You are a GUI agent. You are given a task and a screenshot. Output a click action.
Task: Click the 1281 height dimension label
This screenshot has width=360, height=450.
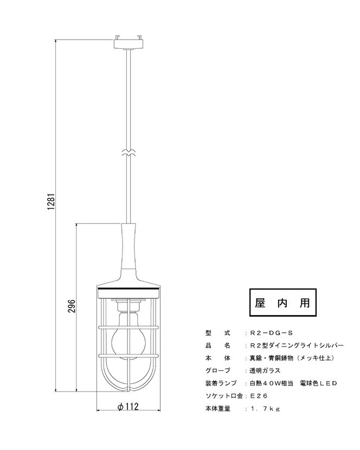click(51, 201)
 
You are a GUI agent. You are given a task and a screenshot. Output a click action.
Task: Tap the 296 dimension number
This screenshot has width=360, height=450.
click(72, 306)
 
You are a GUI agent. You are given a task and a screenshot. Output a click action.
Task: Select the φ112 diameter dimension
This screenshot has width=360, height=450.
click(128, 407)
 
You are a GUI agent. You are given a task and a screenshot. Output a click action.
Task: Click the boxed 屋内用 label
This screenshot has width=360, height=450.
click(283, 303)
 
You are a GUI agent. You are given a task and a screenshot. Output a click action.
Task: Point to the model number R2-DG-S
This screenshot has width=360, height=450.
click(271, 333)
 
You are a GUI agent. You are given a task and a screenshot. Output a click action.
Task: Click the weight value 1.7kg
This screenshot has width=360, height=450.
click(265, 409)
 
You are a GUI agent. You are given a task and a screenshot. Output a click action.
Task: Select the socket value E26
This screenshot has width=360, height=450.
click(259, 396)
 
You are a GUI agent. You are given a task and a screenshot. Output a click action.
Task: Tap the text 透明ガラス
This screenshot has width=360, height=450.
click(265, 370)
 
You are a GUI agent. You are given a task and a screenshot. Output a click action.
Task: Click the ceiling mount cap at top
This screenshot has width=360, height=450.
click(128, 42)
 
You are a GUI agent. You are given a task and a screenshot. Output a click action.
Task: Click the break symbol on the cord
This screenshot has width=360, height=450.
click(128, 152)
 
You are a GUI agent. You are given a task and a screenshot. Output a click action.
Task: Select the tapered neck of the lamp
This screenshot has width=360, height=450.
click(128, 247)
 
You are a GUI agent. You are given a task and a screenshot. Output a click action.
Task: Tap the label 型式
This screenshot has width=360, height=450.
click(218, 333)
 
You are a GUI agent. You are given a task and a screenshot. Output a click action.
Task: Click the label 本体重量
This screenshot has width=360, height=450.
click(218, 409)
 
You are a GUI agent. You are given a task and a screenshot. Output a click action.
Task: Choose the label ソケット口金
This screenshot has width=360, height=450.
click(224, 396)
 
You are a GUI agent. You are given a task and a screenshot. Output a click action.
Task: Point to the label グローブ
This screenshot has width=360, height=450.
click(218, 370)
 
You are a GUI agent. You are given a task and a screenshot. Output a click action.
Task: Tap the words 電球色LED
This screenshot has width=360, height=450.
click(318, 383)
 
